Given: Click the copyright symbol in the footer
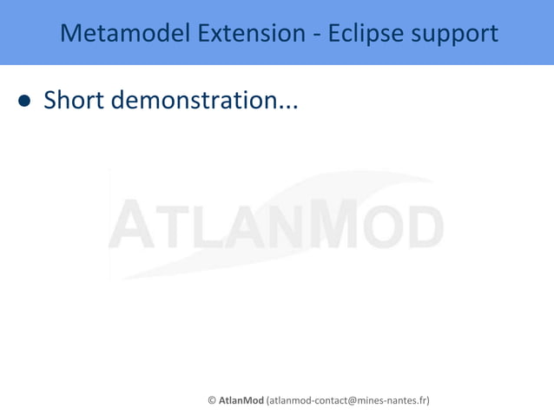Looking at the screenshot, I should pos(212,400).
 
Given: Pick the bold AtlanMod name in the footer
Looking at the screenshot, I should pos(241,400).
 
